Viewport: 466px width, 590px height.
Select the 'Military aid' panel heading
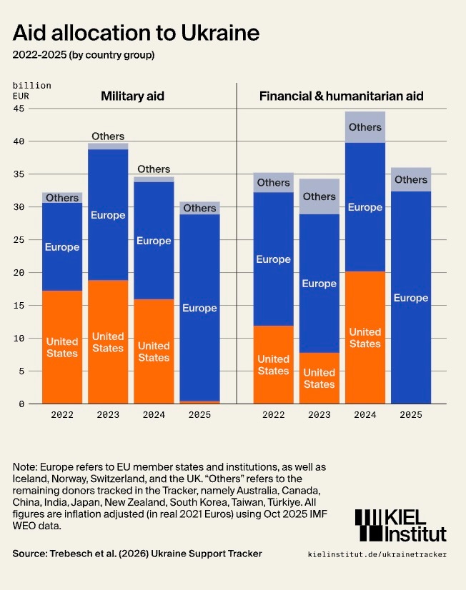tap(132, 96)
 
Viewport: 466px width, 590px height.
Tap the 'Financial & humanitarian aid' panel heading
tap(341, 96)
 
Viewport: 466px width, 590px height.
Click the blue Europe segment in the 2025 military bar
tap(199, 307)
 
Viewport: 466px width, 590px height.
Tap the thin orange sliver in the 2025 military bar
tap(199, 402)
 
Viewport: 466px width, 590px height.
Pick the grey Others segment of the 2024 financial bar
tap(365, 127)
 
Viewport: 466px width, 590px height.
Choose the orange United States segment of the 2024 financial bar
tap(365, 337)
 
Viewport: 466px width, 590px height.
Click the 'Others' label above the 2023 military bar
tap(108, 136)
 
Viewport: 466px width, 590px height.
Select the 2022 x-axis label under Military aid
tap(62, 414)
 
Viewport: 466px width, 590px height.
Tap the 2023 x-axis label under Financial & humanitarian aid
tap(319, 414)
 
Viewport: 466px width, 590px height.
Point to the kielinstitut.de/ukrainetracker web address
tap(377, 554)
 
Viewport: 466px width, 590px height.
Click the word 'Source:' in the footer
tap(31, 554)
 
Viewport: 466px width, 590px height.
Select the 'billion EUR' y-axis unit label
tap(31, 90)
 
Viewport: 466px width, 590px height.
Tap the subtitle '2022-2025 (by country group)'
tap(84, 55)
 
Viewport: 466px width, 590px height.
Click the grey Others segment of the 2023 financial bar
tap(319, 196)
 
